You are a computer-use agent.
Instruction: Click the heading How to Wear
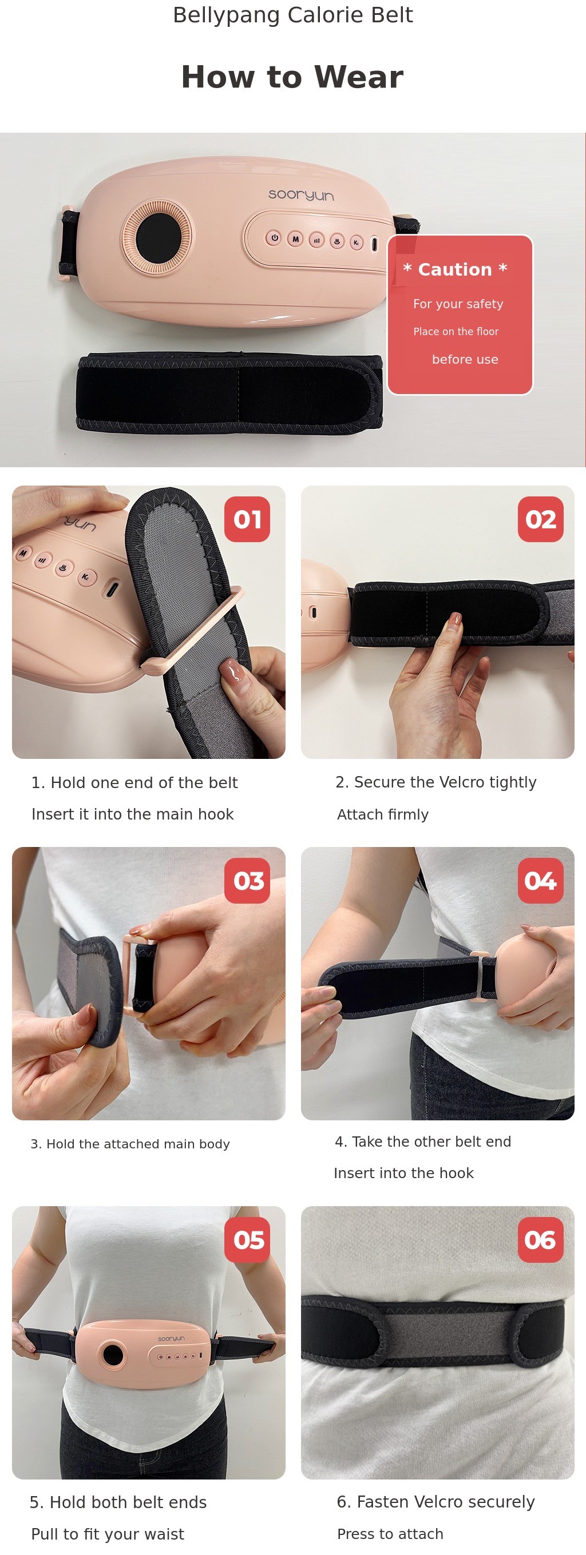pyautogui.click(x=292, y=77)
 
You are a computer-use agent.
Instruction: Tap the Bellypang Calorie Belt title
pyautogui.click(x=293, y=15)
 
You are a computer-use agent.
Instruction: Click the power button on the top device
pyautogui.click(x=274, y=238)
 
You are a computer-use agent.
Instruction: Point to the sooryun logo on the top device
pyautogui.click(x=301, y=194)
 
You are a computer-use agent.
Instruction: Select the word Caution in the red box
pyautogui.click(x=455, y=269)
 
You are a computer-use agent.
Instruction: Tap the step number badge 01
pyautogui.click(x=247, y=519)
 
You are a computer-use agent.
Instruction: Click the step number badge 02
pyautogui.click(x=541, y=519)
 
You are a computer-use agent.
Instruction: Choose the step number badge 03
pyautogui.click(x=247, y=881)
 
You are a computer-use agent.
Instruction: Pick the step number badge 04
pyautogui.click(x=541, y=881)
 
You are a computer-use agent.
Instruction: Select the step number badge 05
pyautogui.click(x=247, y=1240)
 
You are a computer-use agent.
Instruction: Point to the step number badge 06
pyautogui.click(x=541, y=1240)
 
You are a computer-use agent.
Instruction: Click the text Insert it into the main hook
pyautogui.click(x=132, y=814)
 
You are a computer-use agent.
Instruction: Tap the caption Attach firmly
pyautogui.click(x=383, y=815)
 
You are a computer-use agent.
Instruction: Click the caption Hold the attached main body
pyautogui.click(x=130, y=1144)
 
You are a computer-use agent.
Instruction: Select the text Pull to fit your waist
pyautogui.click(x=108, y=1534)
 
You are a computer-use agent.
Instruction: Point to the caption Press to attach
pyautogui.click(x=390, y=1534)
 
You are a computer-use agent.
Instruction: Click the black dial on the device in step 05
pyautogui.click(x=113, y=1355)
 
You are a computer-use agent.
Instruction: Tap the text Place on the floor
pyautogui.click(x=456, y=331)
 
